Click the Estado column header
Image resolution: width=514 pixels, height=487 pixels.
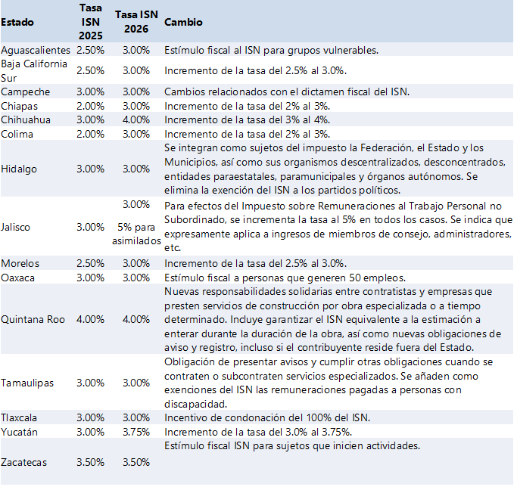click(17, 23)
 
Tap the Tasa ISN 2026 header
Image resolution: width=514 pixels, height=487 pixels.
click(136, 23)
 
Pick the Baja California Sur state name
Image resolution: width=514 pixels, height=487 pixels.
click(34, 70)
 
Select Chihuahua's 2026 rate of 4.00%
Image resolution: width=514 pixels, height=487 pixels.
click(136, 119)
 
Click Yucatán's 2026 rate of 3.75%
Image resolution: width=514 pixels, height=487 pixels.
click(136, 432)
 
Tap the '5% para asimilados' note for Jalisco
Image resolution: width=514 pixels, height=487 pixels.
click(136, 233)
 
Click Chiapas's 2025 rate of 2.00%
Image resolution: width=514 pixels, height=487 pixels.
click(91, 106)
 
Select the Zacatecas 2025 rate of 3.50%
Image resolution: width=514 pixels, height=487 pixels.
click(91, 461)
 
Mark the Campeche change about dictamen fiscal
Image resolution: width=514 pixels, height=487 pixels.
click(287, 92)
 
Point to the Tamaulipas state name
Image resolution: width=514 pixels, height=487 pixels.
click(27, 383)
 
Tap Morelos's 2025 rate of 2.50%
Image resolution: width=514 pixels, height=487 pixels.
click(91, 263)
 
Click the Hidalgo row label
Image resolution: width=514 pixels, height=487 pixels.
click(19, 169)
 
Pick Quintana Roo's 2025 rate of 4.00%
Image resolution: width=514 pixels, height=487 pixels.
click(91, 319)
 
